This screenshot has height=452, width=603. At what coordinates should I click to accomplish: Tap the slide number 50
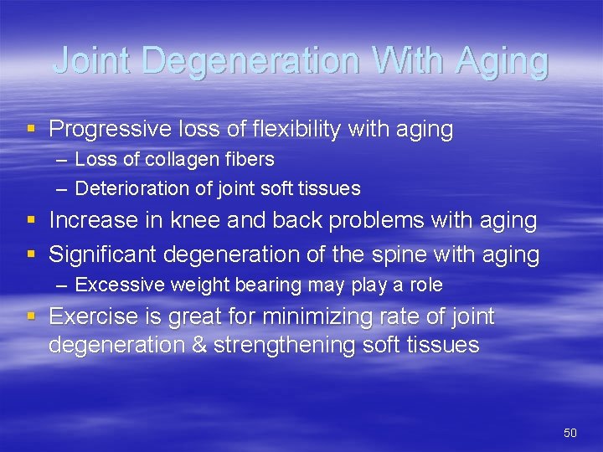pyautogui.click(x=570, y=432)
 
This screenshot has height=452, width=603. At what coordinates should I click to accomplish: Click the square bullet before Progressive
pyautogui.click(x=31, y=130)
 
